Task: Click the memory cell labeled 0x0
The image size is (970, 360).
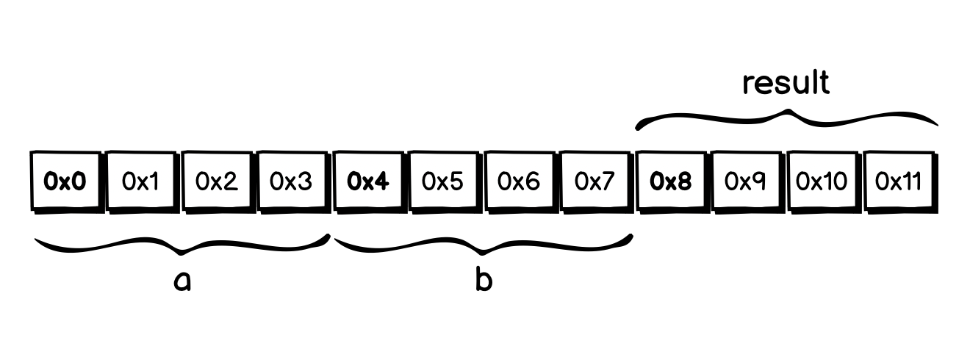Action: [x=65, y=181]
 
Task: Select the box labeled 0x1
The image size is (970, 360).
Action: [x=141, y=181]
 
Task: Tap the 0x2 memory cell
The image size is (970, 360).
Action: [x=217, y=181]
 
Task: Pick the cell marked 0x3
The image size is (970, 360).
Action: [x=292, y=181]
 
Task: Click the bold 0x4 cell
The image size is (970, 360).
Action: [x=368, y=181]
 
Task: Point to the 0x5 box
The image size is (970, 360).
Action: [x=444, y=181]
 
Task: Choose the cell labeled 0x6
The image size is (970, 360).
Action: [x=520, y=181]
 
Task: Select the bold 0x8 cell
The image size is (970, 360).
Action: [x=671, y=181]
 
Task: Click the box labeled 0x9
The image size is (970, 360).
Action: [x=747, y=181]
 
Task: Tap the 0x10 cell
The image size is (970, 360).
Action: [x=822, y=181]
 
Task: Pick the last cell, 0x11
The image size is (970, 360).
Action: [x=899, y=181]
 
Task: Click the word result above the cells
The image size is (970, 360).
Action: [x=786, y=83]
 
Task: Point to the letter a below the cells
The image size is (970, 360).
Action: [x=182, y=280]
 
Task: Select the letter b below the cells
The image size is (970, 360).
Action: [x=483, y=279]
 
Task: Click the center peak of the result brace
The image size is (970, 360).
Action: [x=788, y=112]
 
